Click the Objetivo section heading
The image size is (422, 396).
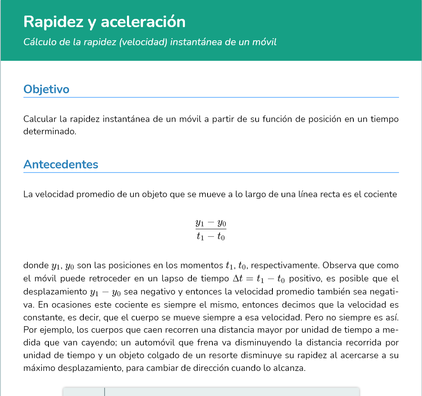pos(46,89)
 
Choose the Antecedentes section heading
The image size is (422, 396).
pos(61,164)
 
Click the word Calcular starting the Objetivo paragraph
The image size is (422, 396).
pos(40,119)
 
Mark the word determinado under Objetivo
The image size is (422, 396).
pos(49,132)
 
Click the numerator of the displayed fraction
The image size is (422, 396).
pos(211,223)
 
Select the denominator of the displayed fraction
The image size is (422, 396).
pos(211,237)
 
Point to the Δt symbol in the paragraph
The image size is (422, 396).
pos(238,279)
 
